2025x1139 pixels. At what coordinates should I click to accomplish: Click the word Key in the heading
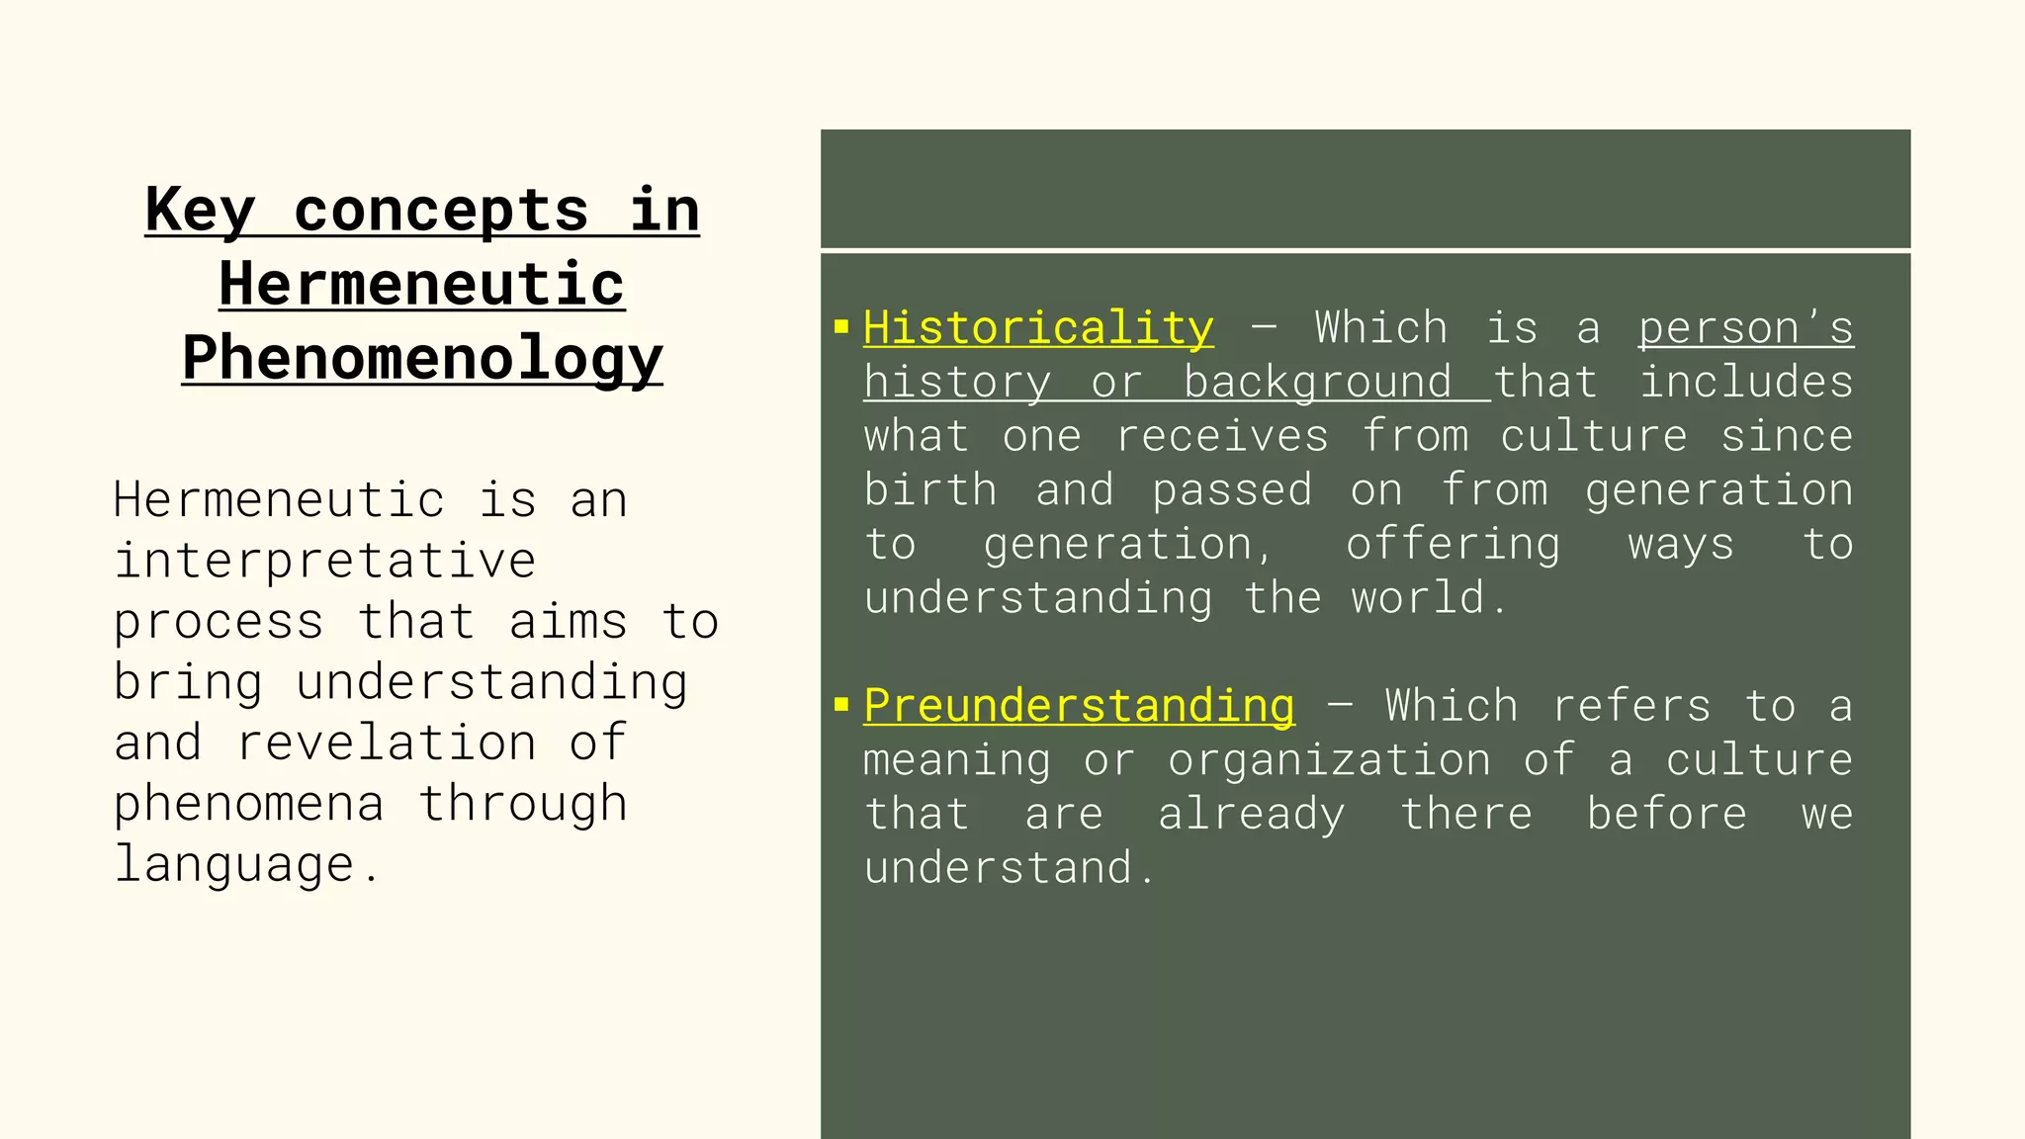pyautogui.click(x=200, y=211)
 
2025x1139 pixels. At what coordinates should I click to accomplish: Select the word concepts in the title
pyautogui.click(x=441, y=211)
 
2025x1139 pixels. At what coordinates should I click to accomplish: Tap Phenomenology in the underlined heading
pyautogui.click(x=422, y=358)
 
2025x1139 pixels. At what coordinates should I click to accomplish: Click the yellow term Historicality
pyautogui.click(x=1038, y=328)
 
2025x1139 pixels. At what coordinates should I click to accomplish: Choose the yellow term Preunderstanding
pyautogui.click(x=1079, y=706)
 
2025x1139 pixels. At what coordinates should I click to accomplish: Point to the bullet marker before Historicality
pyautogui.click(x=841, y=326)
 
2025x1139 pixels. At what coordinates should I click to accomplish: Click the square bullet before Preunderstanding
pyautogui.click(x=841, y=704)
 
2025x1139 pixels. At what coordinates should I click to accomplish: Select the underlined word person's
pyautogui.click(x=1745, y=328)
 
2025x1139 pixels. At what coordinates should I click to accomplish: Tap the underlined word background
pyautogui.click(x=1317, y=383)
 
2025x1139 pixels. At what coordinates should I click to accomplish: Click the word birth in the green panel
pyautogui.click(x=929, y=490)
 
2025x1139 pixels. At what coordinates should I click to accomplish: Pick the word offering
pyautogui.click(x=1453, y=545)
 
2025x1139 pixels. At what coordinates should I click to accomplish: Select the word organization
pyautogui.click(x=1329, y=760)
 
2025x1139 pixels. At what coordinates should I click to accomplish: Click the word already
pyautogui.click(x=1251, y=815)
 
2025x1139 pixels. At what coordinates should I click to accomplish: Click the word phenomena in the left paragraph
pyautogui.click(x=248, y=804)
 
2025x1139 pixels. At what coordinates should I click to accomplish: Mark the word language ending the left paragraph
pyautogui.click(x=234, y=865)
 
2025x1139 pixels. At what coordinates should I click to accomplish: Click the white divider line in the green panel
pyautogui.click(x=1365, y=251)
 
